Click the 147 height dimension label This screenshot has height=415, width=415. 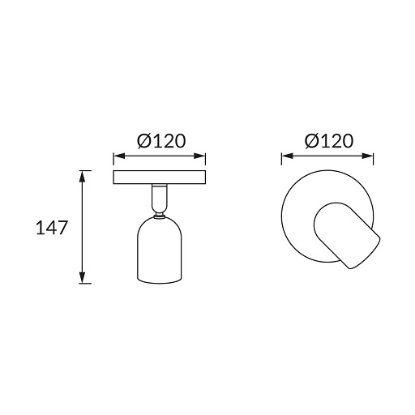[x=51, y=228]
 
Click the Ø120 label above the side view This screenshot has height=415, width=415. [x=161, y=141]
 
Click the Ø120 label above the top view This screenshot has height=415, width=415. [x=329, y=141]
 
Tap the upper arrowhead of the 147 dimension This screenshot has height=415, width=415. [x=83, y=176]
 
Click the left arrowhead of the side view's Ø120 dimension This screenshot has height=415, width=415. [x=119, y=156]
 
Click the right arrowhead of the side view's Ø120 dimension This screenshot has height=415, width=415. [x=200, y=156]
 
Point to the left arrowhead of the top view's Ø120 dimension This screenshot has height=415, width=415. [x=287, y=156]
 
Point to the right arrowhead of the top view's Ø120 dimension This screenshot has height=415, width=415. [x=368, y=156]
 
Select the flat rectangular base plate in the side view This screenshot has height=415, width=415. [x=160, y=178]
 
